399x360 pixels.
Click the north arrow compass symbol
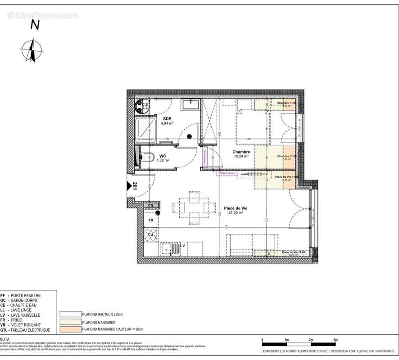tap(32, 50)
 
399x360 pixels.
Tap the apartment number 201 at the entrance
tap(134, 186)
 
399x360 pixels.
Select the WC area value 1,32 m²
tap(162, 160)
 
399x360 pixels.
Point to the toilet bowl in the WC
tap(146, 157)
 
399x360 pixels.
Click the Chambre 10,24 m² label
tap(241, 154)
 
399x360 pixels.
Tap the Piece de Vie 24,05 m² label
tap(236, 211)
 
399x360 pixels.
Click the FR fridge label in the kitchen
tap(151, 220)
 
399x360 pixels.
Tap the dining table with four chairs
tap(194, 208)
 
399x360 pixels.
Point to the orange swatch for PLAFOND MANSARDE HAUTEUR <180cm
tap(69, 330)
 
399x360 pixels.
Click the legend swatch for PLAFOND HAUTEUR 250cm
tap(69, 314)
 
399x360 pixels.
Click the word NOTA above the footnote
tap(5, 340)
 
